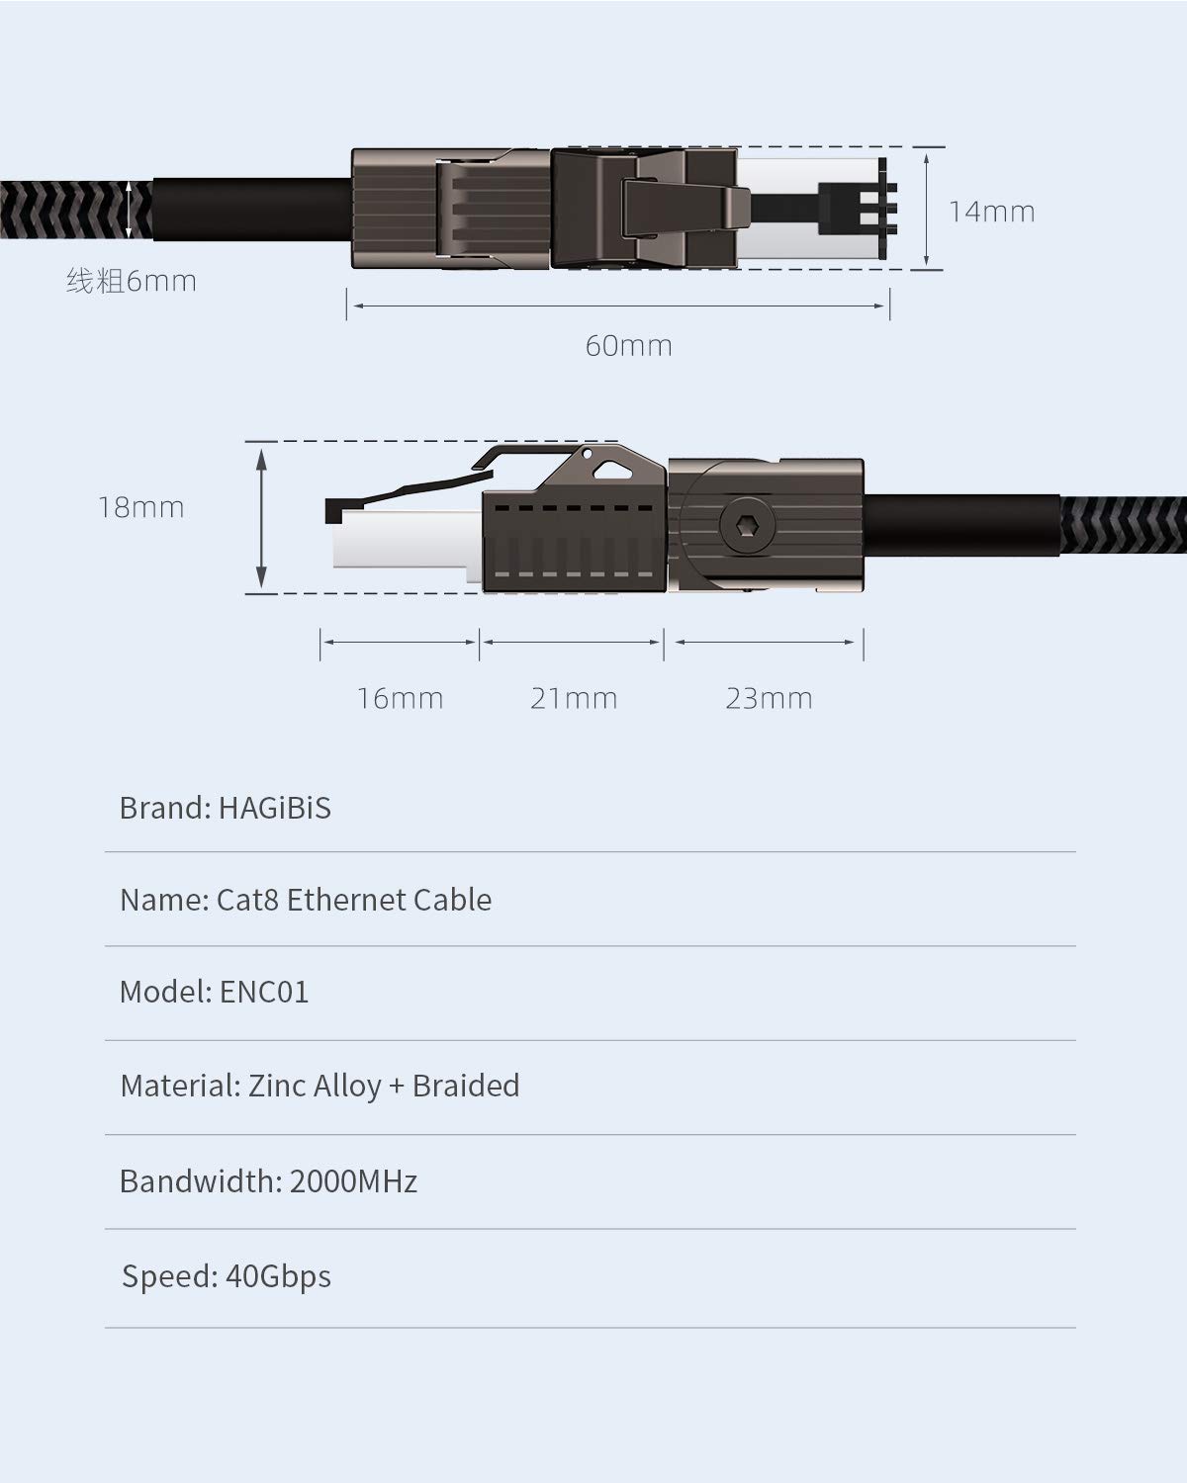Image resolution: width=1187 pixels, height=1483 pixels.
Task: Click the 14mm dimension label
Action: pos(991,212)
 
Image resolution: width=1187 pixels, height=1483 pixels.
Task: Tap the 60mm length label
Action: pos(628,346)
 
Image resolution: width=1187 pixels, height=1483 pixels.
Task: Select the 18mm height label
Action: pos(140,508)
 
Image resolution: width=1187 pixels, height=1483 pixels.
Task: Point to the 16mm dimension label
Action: pos(400,699)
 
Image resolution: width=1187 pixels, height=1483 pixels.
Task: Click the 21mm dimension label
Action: pos(574,699)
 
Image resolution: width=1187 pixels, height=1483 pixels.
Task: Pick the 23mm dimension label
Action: pos(769,699)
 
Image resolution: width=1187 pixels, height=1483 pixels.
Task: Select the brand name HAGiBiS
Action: pos(274,808)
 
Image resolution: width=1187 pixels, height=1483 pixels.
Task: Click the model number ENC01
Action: pos(263,992)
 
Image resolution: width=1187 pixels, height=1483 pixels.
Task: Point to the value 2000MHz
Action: pos(353,1181)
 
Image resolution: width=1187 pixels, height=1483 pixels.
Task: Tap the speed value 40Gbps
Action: pos(278,1276)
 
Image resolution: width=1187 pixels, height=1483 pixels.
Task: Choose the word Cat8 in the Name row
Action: pos(247,900)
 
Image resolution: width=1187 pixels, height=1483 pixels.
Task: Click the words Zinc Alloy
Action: pos(314,1086)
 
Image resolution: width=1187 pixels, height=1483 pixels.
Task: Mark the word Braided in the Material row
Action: pos(466,1086)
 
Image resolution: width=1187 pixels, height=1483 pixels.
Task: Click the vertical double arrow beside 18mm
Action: pos(261,517)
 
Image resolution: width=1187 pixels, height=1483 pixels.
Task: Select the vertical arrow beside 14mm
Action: pos(927,208)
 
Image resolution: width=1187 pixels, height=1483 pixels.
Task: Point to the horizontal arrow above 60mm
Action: pos(618,305)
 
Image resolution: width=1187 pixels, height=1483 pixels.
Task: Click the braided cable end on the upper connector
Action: pos(69,210)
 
